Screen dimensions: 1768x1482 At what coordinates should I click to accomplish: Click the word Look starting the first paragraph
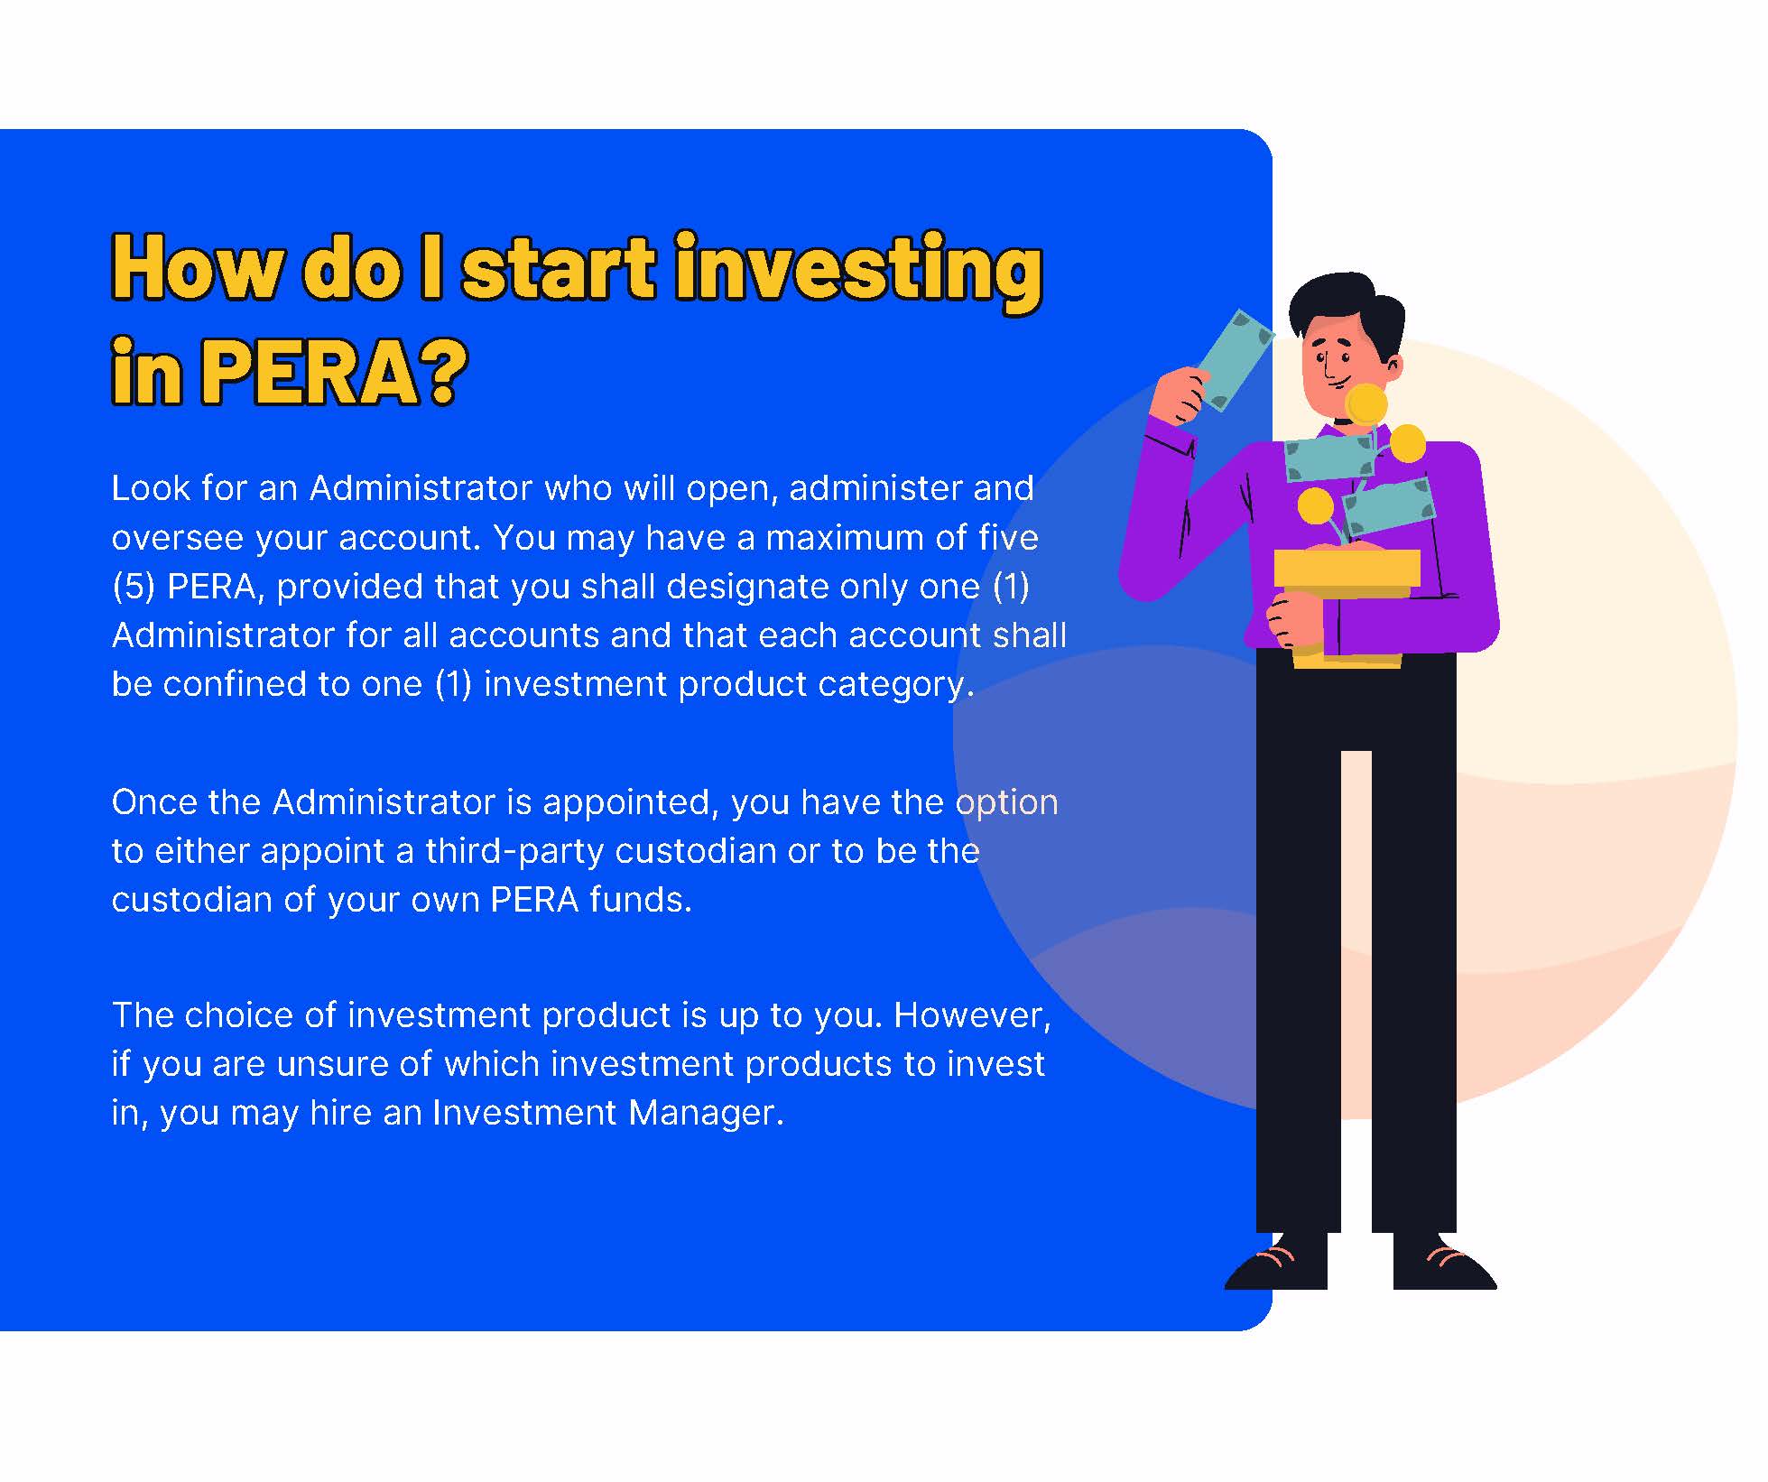pos(150,487)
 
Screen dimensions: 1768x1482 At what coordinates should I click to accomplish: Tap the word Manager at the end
pos(706,1114)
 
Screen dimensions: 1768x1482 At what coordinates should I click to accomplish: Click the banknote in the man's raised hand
pos(1233,359)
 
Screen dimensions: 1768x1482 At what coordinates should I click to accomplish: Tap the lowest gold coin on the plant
pos(1315,505)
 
